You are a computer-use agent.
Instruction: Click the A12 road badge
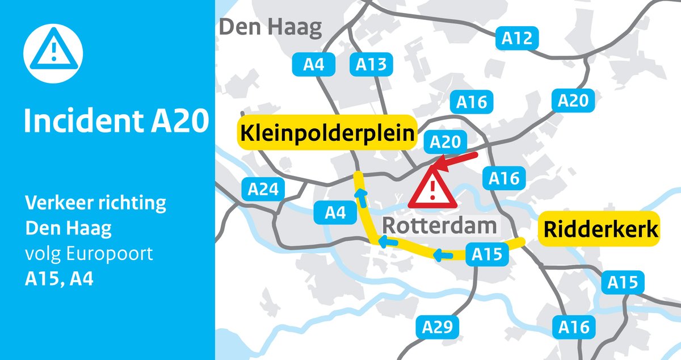tap(517, 39)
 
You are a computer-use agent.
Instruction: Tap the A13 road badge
tap(371, 65)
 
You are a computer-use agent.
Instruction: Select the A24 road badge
tap(263, 189)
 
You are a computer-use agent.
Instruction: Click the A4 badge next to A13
tap(313, 65)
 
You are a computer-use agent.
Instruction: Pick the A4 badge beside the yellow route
tap(335, 213)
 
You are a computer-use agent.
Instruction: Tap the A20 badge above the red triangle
tap(446, 143)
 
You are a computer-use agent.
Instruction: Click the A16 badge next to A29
tap(574, 326)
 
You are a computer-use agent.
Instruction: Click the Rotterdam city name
tap(439, 225)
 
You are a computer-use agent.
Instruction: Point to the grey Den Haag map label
tap(271, 27)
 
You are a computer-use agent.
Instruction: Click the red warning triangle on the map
tap(432, 190)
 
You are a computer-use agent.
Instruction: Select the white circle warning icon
tap(53, 53)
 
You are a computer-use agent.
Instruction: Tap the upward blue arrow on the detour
tap(359, 196)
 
